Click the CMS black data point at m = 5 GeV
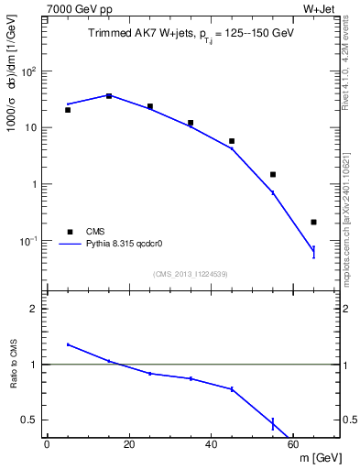point(68,110)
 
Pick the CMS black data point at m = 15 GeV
point(109,95)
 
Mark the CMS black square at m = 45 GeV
point(232,141)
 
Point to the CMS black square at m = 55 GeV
point(273,174)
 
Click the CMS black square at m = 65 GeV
point(313,222)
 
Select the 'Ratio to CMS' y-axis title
point(16,365)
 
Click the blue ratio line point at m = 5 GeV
point(68,344)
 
